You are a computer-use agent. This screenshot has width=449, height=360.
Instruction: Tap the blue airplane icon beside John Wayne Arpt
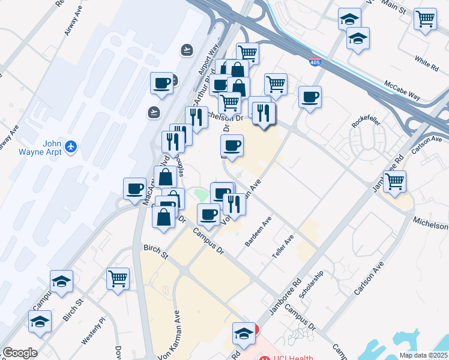coord(71,146)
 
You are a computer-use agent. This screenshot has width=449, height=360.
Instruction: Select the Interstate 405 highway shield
coord(315,61)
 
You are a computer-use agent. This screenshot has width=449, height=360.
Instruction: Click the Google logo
coord(20,353)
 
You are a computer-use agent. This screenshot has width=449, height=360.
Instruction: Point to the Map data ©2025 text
coord(423,355)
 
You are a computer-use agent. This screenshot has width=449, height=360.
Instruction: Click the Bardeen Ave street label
coord(258,232)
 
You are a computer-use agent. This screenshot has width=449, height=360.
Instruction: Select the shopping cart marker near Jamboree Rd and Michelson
coord(394,181)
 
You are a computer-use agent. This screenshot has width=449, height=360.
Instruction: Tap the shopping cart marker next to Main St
coord(425,19)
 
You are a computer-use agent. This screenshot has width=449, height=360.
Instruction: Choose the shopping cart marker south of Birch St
coord(118,278)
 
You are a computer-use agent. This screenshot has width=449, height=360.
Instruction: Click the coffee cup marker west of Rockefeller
coord(310,97)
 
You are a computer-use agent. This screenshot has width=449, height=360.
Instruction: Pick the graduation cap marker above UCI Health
coord(244,333)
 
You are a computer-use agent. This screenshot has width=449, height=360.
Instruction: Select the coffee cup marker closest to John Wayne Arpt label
coord(135,188)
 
